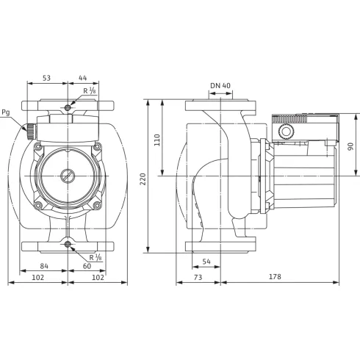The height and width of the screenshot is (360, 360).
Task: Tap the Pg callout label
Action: pos(7,112)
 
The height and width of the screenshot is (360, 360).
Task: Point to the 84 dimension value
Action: pos(44,265)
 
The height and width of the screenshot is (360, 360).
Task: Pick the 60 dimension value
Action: pos(87,265)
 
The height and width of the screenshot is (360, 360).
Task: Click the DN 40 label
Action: pos(220,86)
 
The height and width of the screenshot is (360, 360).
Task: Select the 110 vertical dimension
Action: pos(156,139)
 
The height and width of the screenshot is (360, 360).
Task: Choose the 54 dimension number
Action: pos(206,261)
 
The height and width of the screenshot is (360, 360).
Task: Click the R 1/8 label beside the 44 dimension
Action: pos(89,91)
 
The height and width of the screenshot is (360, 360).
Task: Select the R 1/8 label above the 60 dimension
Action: pos(95,256)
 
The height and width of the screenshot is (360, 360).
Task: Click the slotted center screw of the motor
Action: pos(67,176)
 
